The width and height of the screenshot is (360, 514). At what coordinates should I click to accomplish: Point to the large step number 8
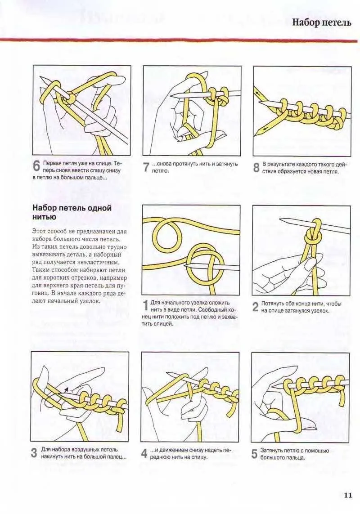(x=256, y=167)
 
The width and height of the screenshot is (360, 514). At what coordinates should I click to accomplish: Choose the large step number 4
(x=144, y=454)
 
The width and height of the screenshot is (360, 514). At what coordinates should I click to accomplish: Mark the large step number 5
(x=255, y=454)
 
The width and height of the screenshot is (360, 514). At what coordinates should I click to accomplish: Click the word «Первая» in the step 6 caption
(x=51, y=163)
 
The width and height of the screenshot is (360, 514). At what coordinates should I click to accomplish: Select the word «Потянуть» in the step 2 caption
(x=272, y=304)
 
